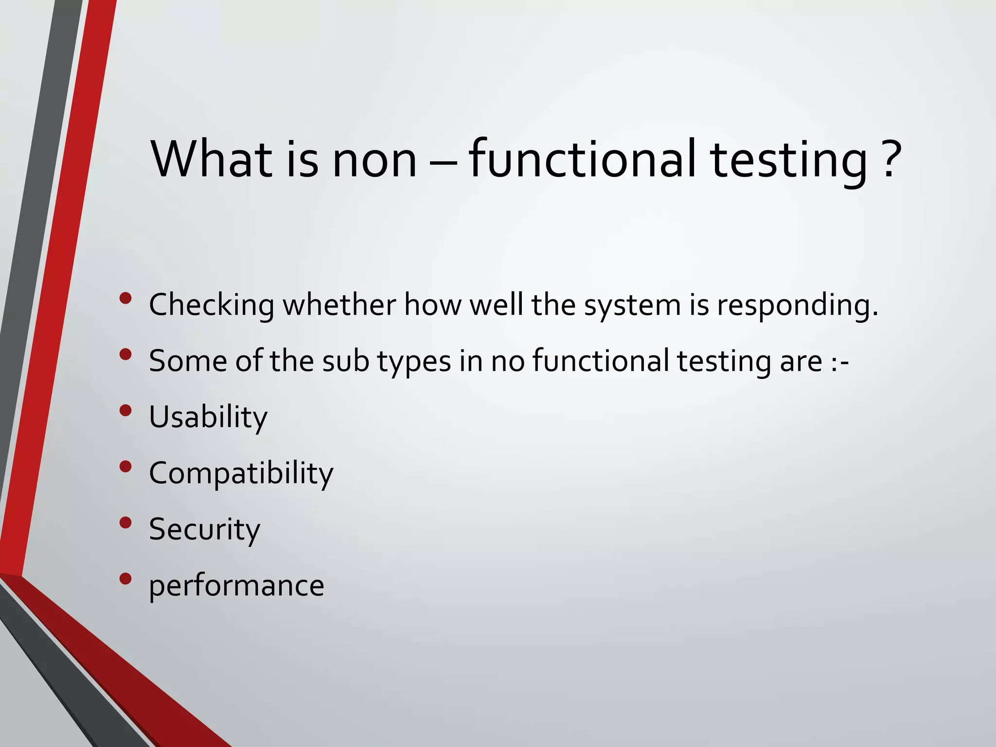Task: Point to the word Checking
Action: coord(212,305)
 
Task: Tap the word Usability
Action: coord(208,417)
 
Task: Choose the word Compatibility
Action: coord(241,473)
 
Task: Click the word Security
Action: coord(204,529)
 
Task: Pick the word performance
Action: coord(236,586)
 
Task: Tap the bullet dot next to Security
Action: coord(125,522)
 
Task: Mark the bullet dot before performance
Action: coord(125,578)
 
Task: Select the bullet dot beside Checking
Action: coord(125,298)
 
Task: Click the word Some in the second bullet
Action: coord(188,361)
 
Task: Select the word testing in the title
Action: coord(788,159)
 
